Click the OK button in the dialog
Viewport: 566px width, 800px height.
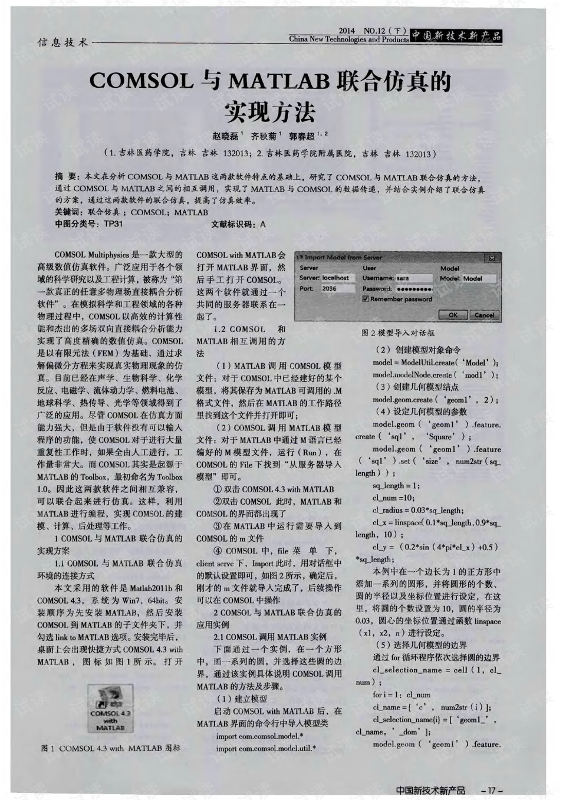coord(453,315)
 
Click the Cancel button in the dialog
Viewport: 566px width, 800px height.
coord(484,315)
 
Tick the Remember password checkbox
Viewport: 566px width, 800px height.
coord(366,299)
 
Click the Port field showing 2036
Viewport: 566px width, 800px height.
coord(338,289)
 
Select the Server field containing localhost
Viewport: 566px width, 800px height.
coord(338,278)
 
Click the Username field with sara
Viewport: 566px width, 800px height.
coord(413,278)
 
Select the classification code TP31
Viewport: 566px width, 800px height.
coord(113,224)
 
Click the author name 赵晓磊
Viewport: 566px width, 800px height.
coord(225,136)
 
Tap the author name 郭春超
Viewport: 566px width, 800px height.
coord(302,136)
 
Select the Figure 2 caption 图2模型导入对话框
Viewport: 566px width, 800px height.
coord(398,332)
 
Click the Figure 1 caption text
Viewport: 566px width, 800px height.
coord(110,748)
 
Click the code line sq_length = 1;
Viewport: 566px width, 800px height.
coord(396,486)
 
